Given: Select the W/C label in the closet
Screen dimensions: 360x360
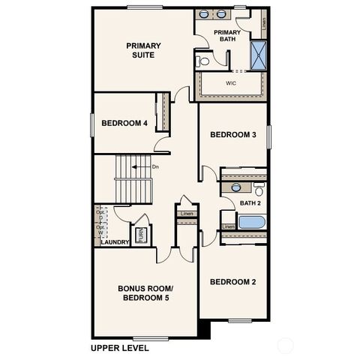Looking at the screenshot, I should click(229, 83).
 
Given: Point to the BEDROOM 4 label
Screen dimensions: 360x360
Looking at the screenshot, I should click(124, 123).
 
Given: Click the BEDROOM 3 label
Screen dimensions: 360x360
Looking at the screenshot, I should click(233, 135).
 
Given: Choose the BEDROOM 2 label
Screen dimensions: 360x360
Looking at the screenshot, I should click(233, 282).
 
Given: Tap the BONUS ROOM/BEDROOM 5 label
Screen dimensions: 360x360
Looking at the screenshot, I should click(145, 293).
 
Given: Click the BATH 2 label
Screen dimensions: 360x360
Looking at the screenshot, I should click(250, 203).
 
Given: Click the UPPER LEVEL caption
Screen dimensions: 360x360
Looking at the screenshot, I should click(119, 348).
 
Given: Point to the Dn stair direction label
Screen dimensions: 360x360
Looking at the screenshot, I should click(155, 166).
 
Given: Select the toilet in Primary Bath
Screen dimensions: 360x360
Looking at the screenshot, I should click(202, 61).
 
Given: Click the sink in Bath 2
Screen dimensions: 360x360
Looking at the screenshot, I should click(235, 187).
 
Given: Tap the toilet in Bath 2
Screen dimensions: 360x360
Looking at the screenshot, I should click(259, 190).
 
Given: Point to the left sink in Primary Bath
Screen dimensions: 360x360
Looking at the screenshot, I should click(204, 14).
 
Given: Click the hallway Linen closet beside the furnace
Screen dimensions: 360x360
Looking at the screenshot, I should click(185, 215).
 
